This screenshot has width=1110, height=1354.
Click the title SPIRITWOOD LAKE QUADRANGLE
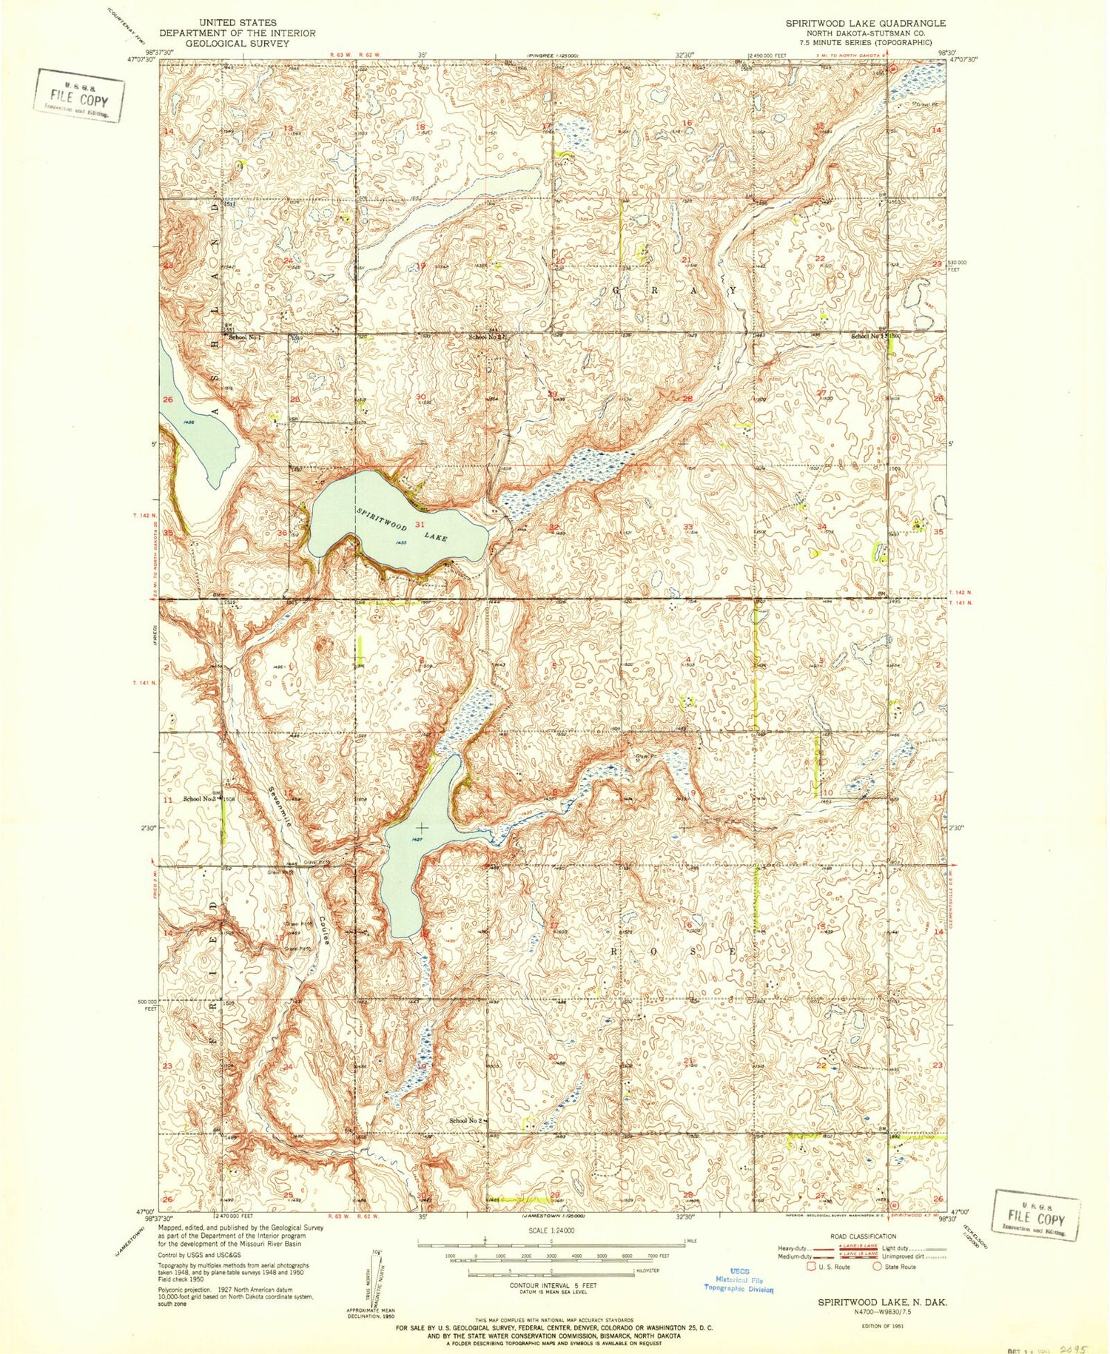pos(855,24)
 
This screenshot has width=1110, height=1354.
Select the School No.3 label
pos(199,799)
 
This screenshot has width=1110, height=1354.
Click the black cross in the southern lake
pos(422,826)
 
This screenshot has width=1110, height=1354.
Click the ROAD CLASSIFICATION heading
pos(852,1236)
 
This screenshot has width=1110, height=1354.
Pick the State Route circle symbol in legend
pos(878,1266)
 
